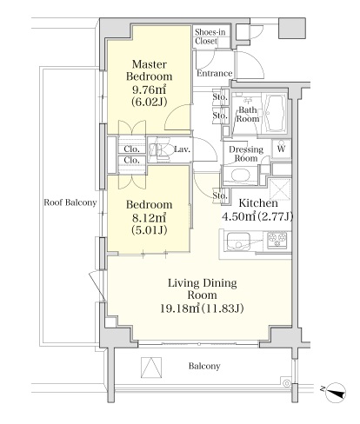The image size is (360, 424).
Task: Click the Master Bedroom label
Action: click(x=150, y=70)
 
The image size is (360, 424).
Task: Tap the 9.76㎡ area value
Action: click(x=149, y=89)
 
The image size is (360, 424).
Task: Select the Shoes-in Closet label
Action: click(x=210, y=36)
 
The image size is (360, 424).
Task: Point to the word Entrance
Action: click(x=215, y=73)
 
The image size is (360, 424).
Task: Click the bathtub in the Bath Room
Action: click(x=274, y=113)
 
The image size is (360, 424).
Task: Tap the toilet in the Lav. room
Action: click(x=159, y=150)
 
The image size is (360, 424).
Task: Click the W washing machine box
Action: click(x=281, y=149)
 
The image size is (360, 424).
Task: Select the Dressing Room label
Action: click(x=246, y=154)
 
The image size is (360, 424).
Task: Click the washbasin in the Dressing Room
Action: click(x=241, y=176)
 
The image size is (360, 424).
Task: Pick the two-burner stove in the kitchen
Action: click(x=277, y=240)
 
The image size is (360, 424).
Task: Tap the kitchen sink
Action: click(x=238, y=242)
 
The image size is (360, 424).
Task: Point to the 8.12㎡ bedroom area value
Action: click(x=149, y=217)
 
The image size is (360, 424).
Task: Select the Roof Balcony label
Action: click(x=70, y=202)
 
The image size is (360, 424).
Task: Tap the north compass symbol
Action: click(x=335, y=393)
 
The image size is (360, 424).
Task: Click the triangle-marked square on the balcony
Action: click(x=151, y=368)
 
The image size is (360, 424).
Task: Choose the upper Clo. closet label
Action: click(x=131, y=149)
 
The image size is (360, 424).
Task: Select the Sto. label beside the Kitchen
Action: click(x=220, y=195)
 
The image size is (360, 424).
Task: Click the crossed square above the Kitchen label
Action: click(x=280, y=189)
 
